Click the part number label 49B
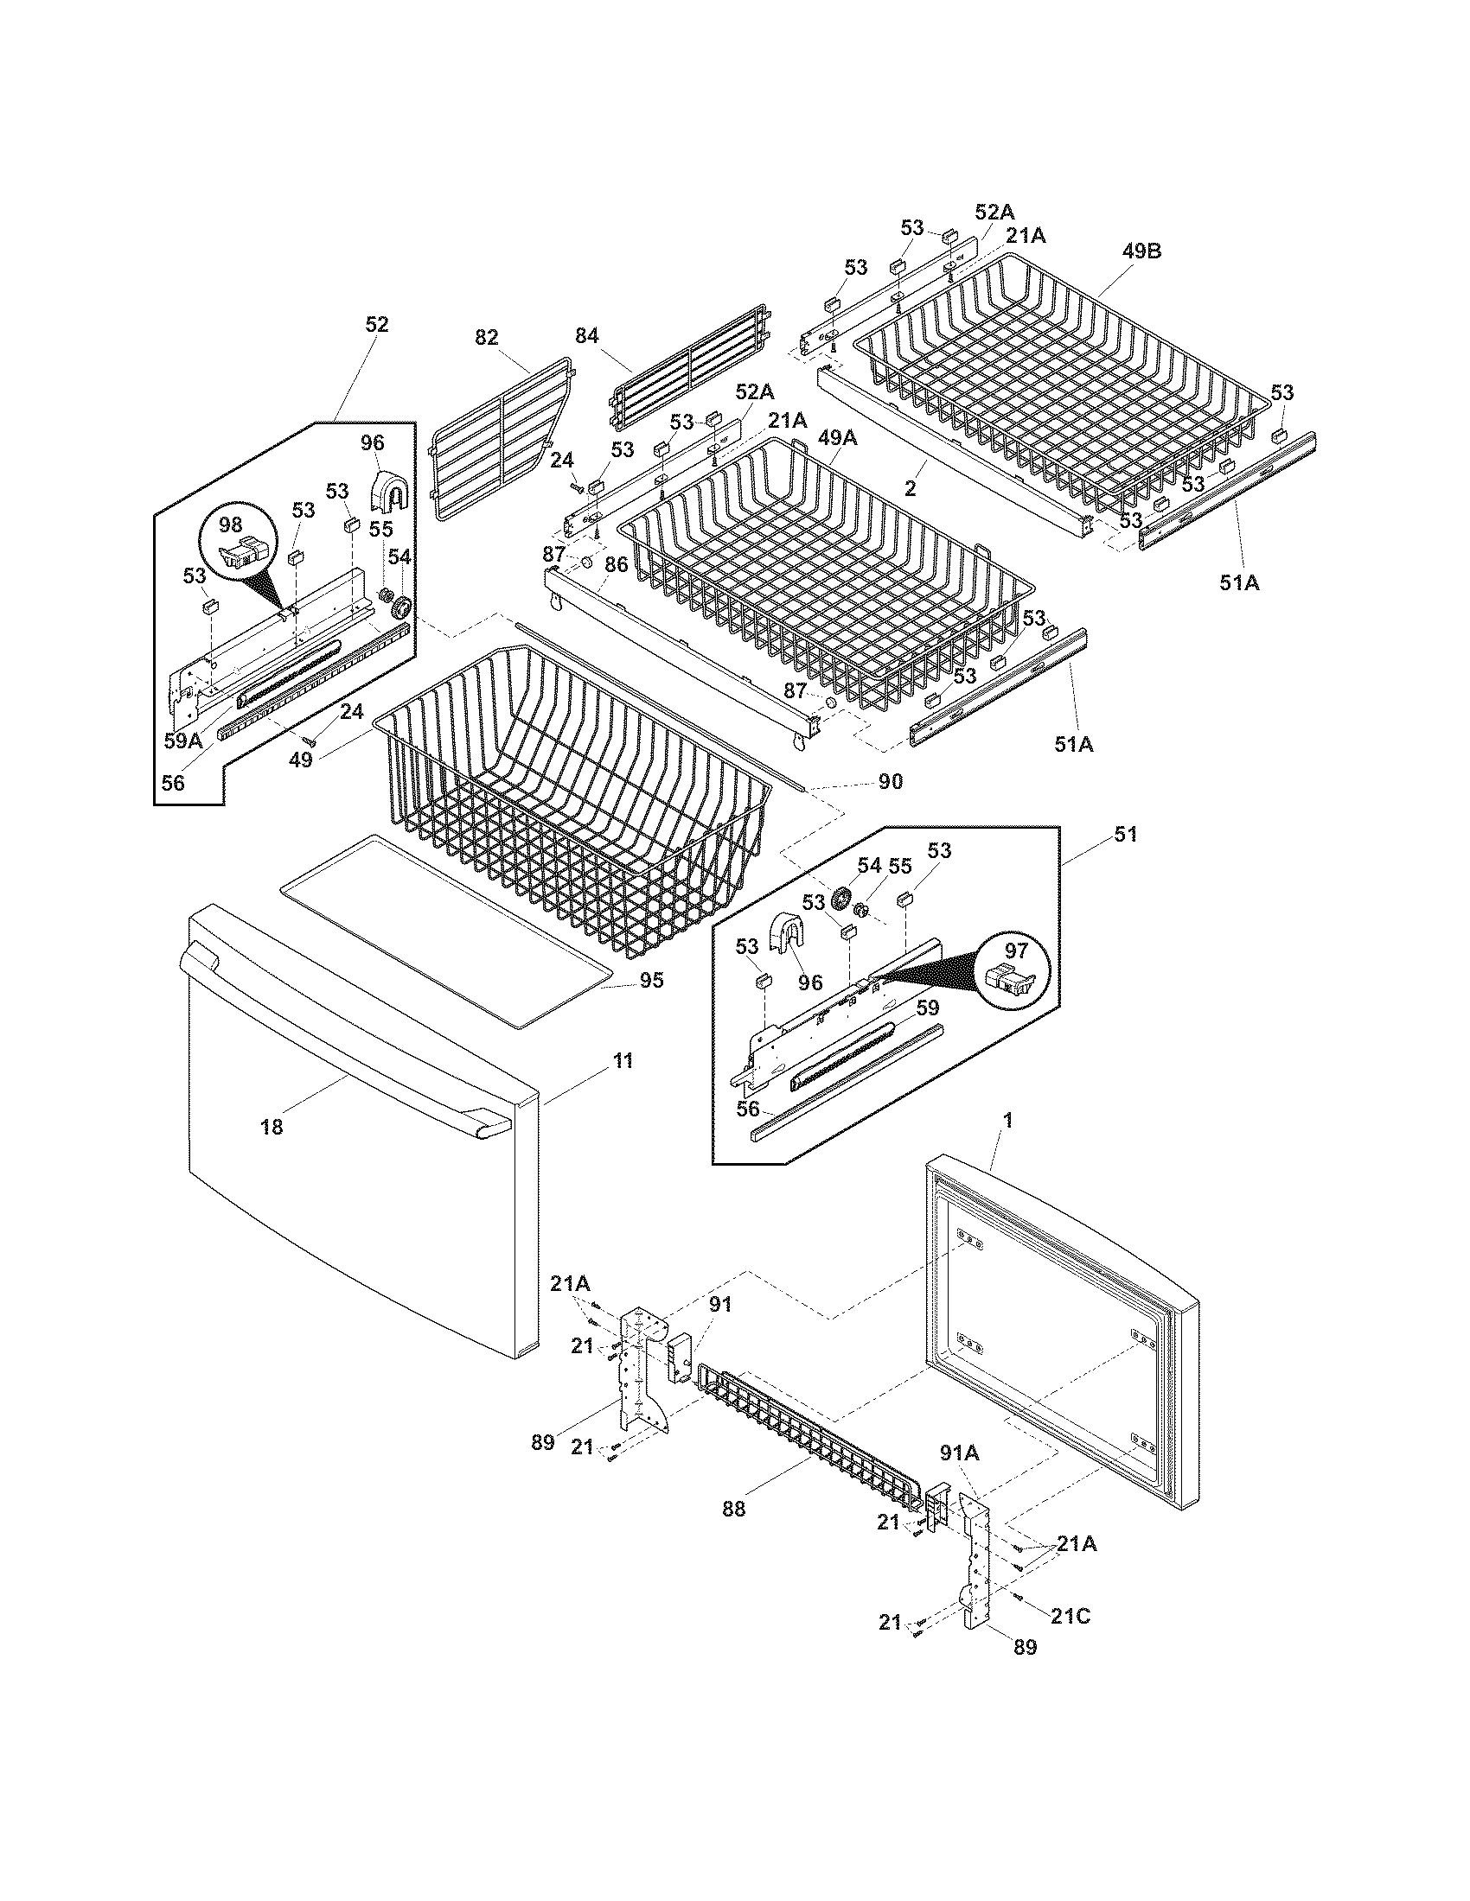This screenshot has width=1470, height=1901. pyautogui.click(x=1141, y=252)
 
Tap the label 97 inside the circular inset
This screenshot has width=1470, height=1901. pyautogui.click(x=1016, y=950)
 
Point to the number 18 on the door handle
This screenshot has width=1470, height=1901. pyautogui.click(x=272, y=1127)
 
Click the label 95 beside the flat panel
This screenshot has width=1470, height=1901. pyautogui.click(x=651, y=981)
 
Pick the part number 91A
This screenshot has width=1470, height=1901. pyautogui.click(x=959, y=1453)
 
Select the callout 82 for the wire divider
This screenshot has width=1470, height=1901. pyautogui.click(x=487, y=336)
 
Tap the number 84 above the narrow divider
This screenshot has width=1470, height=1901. pyautogui.click(x=587, y=336)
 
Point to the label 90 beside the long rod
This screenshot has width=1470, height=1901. pyautogui.click(x=890, y=782)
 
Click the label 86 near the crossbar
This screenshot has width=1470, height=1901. pyautogui.click(x=616, y=564)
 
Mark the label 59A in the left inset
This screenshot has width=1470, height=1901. pyautogui.click(x=182, y=741)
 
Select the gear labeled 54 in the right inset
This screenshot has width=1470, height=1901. pyautogui.click(x=841, y=899)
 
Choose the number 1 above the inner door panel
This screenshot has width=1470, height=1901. pyautogui.click(x=1008, y=1121)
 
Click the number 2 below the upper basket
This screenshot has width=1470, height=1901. pyautogui.click(x=910, y=489)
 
